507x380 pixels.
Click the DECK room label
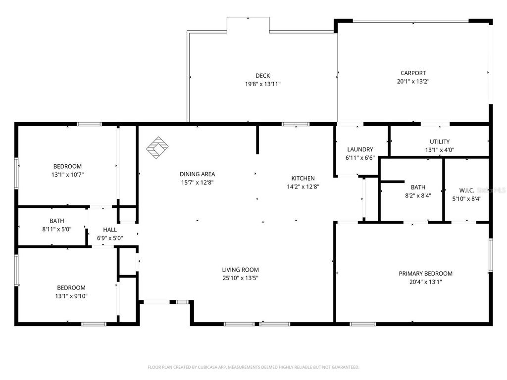pos(263,76)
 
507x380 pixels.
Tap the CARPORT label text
pos(413,73)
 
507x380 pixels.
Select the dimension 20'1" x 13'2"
pos(413,82)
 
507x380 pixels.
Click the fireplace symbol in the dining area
pos(158,148)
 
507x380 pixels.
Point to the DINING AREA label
pos(197,174)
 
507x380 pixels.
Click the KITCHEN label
pos(303,178)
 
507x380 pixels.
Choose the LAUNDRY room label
pos(360,149)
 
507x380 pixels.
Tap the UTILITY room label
pos(440,142)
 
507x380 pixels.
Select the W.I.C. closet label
pos(467,190)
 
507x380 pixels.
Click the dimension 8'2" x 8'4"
pos(418,196)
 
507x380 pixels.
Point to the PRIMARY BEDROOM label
pos(426,274)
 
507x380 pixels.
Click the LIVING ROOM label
pos(240,270)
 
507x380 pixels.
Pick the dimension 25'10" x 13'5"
pos(240,278)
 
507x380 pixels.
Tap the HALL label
pos(110,230)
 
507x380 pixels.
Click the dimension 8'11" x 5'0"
pos(56,229)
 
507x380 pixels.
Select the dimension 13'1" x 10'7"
pos(67,175)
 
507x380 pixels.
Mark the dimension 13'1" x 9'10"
pos(71,296)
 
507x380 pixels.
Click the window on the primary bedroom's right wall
pos(491,255)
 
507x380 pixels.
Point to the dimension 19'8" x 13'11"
pos(263,84)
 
